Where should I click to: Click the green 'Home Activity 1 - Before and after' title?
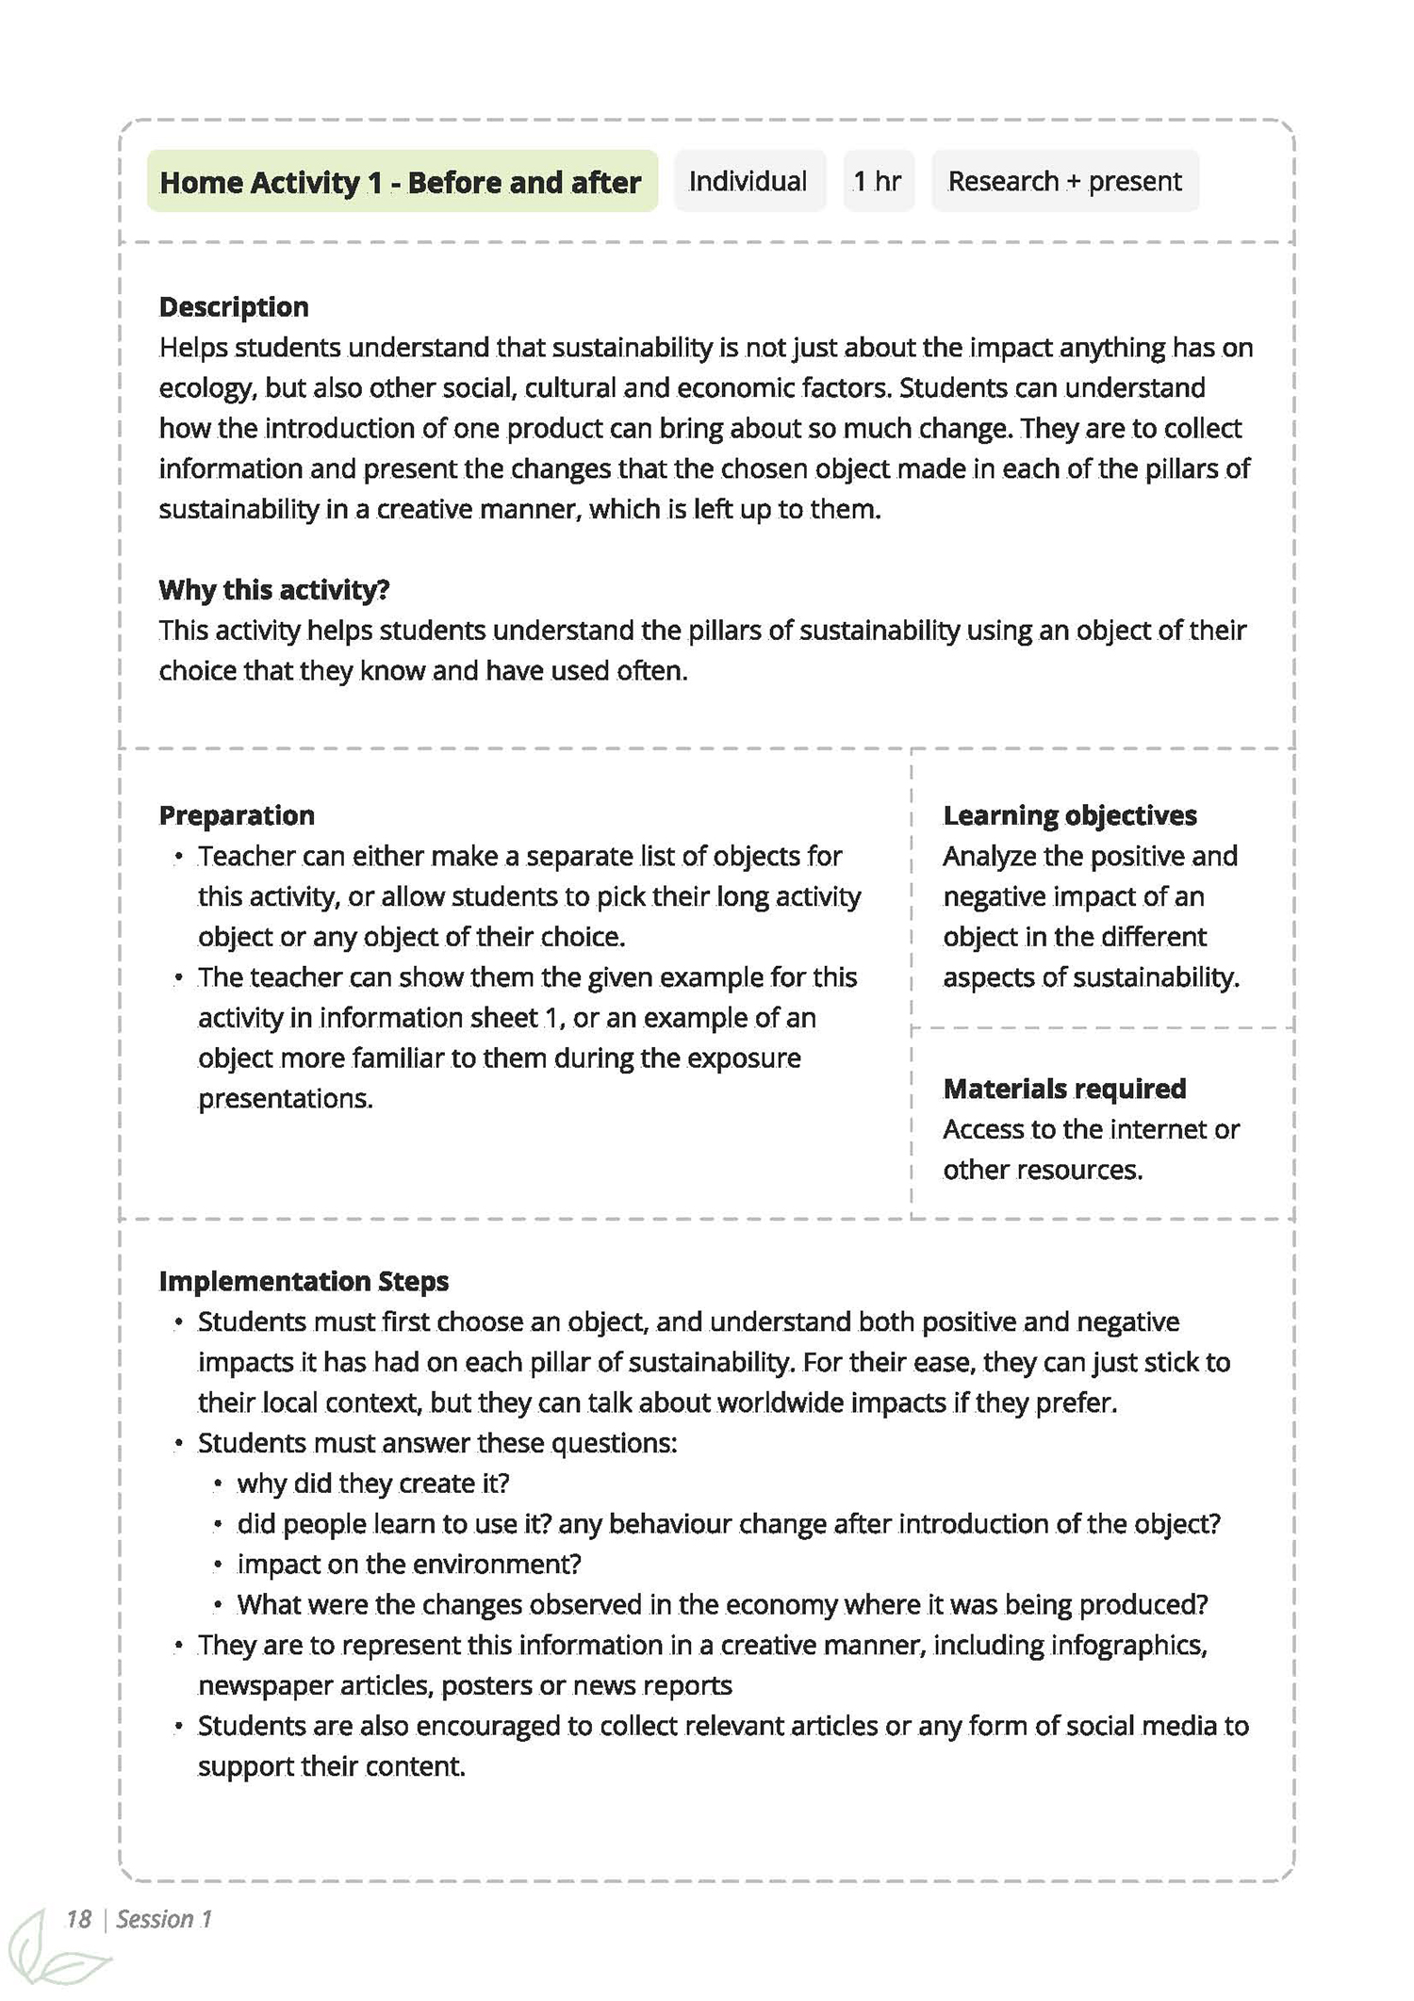click(401, 181)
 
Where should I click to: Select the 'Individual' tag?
click(748, 181)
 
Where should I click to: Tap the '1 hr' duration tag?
click(878, 181)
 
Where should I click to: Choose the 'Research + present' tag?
click(1064, 181)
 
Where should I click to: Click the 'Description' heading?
click(234, 307)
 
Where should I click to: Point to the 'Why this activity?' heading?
click(274, 590)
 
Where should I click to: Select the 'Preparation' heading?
click(237, 815)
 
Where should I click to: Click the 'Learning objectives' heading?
click(1070, 815)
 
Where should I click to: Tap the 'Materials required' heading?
click(1064, 1089)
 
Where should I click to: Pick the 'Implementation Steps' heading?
click(304, 1281)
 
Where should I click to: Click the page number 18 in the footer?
click(78, 1919)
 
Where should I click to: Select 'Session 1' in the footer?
click(164, 1919)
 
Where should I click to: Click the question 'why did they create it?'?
click(373, 1484)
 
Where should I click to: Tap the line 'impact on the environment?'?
click(409, 1565)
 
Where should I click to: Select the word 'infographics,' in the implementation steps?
click(1129, 1646)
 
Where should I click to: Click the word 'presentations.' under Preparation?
click(286, 1099)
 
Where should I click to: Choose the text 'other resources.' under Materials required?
click(1043, 1170)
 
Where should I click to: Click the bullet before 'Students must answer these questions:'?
click(179, 1444)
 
